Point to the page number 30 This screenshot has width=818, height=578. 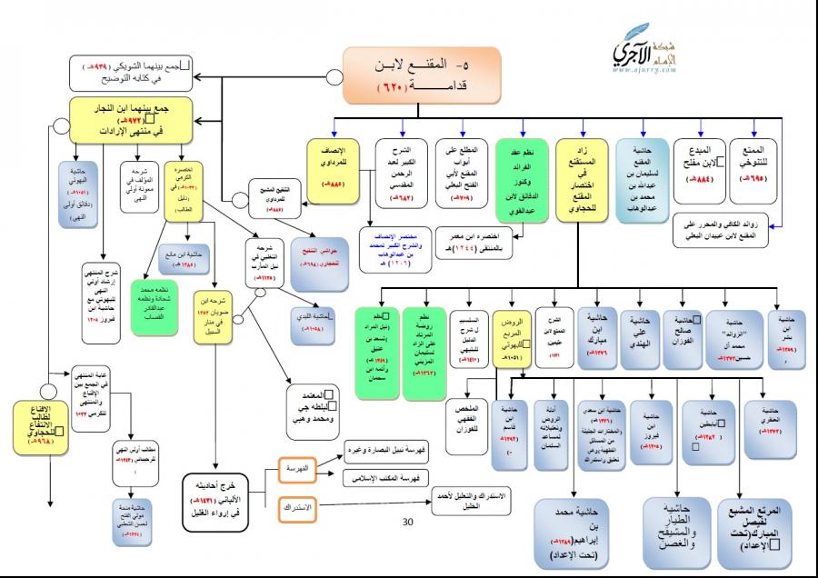408,522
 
